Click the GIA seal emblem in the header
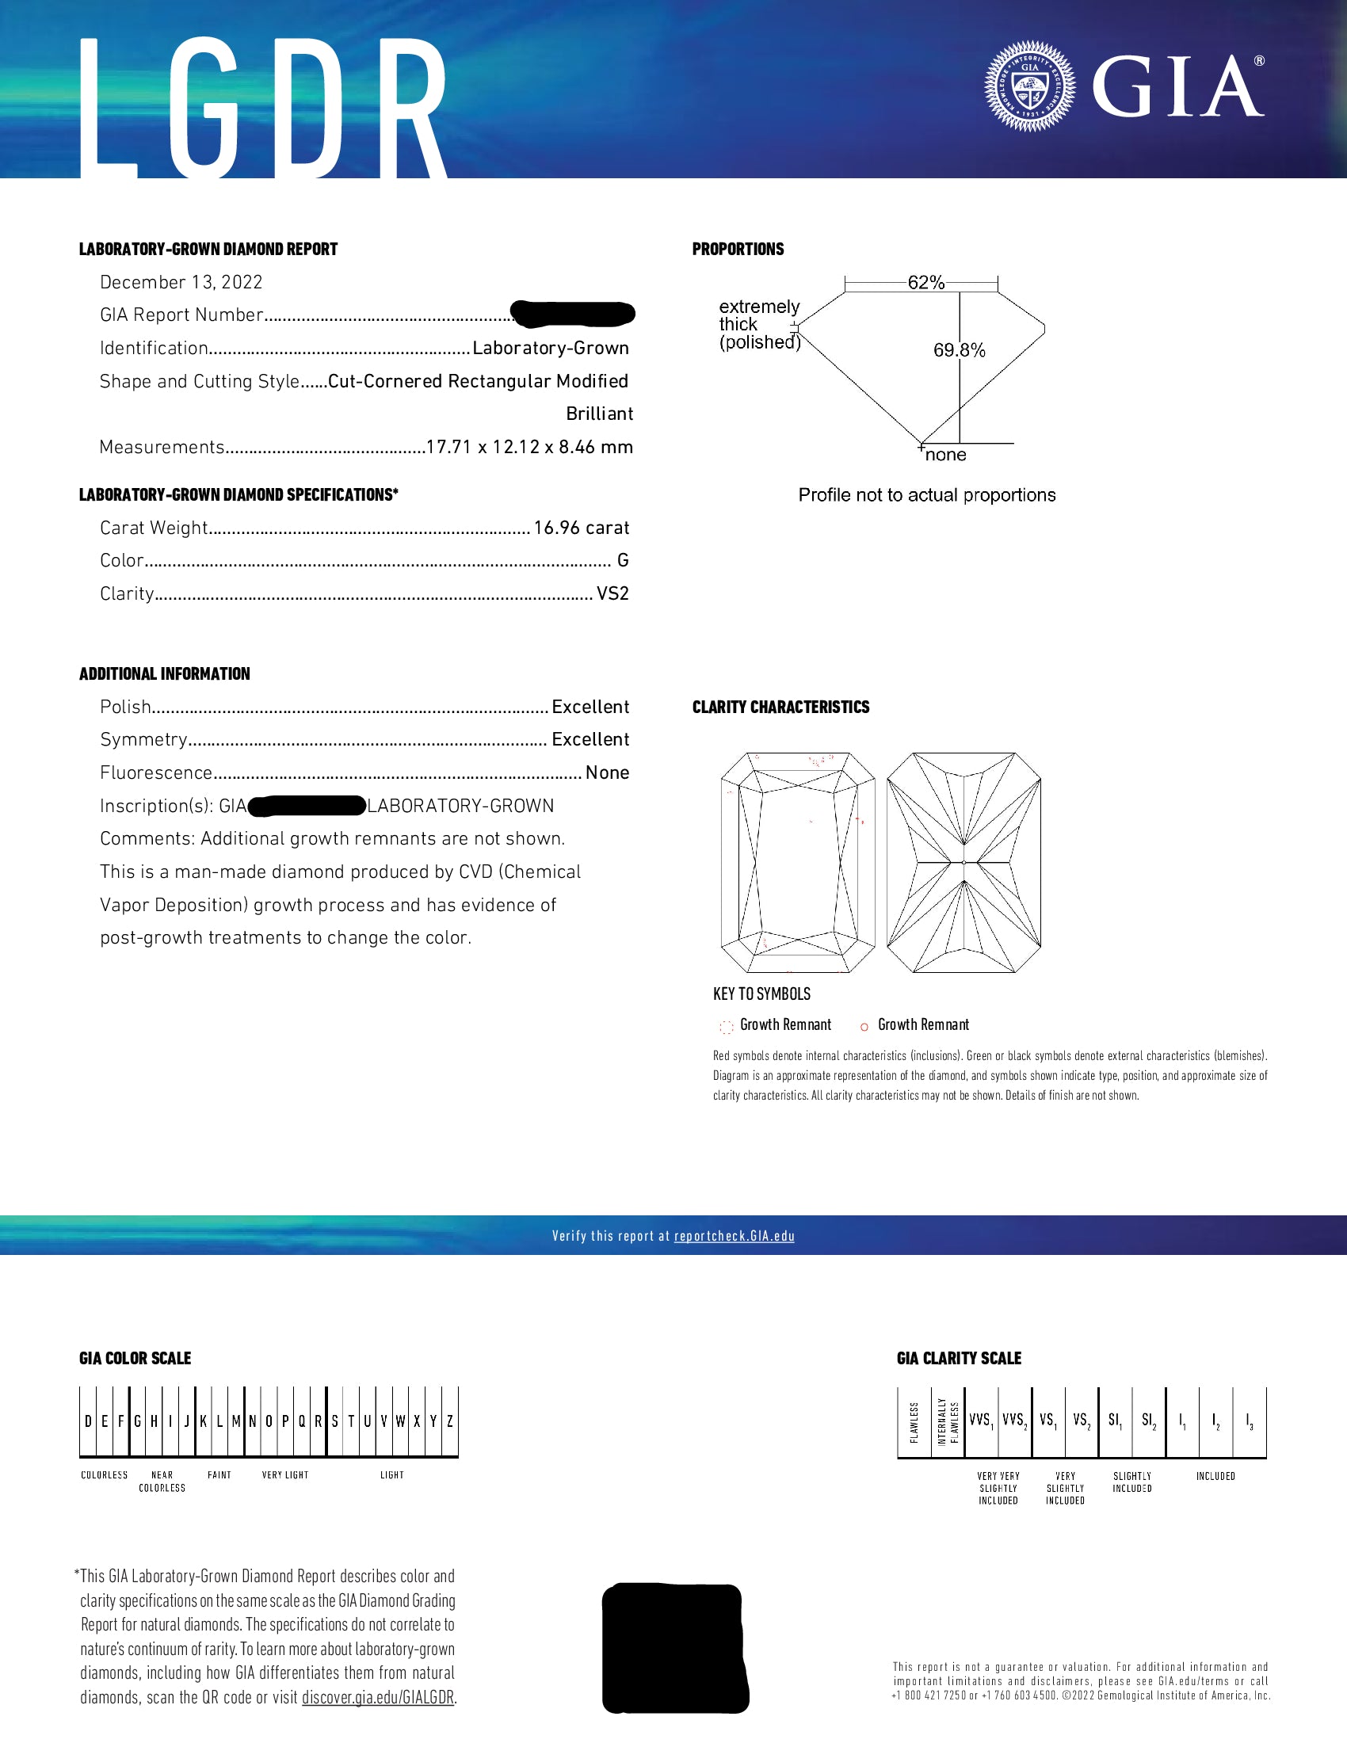point(1029,86)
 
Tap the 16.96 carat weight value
point(581,528)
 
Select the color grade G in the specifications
point(623,560)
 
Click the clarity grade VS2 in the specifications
point(612,593)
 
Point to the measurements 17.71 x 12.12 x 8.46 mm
point(529,447)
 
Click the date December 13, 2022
point(181,282)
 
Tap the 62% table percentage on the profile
point(925,283)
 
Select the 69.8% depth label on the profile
point(960,350)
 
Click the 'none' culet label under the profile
point(945,455)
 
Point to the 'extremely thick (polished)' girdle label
point(759,324)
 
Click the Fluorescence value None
point(607,772)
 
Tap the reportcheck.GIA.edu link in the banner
point(735,1236)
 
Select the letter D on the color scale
point(88,1421)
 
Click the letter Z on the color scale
point(450,1421)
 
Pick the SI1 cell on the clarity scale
point(1115,1421)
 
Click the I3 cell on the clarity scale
point(1250,1421)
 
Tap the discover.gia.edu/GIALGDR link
point(377,1698)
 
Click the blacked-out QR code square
point(675,1649)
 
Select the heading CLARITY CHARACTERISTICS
point(780,707)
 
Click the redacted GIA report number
point(573,314)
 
